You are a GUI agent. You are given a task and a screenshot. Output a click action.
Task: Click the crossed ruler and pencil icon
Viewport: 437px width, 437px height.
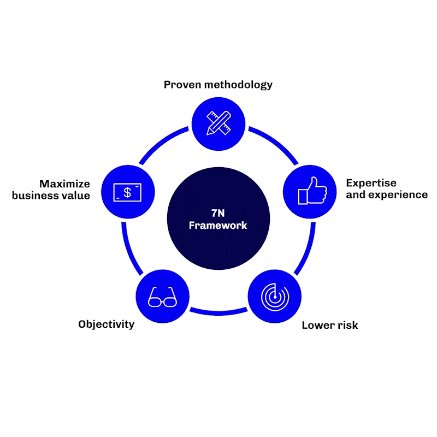click(x=218, y=123)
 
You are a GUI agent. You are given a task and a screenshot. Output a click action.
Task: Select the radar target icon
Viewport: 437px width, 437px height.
click(x=274, y=296)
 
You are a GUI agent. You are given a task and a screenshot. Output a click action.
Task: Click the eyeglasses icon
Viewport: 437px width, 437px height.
click(x=163, y=297)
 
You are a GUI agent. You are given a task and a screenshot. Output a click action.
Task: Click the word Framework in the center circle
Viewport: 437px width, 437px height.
click(x=218, y=225)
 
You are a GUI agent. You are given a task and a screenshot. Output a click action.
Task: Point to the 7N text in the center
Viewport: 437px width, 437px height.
click(x=218, y=213)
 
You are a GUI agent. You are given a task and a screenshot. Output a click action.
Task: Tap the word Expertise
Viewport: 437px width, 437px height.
click(x=371, y=183)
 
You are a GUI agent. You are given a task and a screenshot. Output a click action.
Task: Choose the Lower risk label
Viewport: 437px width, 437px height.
click(x=330, y=326)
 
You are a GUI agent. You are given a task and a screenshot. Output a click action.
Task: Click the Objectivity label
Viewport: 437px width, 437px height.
click(x=106, y=324)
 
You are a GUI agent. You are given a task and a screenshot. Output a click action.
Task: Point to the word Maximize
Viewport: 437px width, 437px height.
click(x=64, y=184)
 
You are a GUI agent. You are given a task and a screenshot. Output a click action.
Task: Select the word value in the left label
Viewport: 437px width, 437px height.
click(x=75, y=196)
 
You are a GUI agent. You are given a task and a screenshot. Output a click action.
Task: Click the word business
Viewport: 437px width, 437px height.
click(x=36, y=196)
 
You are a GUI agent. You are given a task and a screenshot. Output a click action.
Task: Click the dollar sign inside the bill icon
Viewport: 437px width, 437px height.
click(x=127, y=192)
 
